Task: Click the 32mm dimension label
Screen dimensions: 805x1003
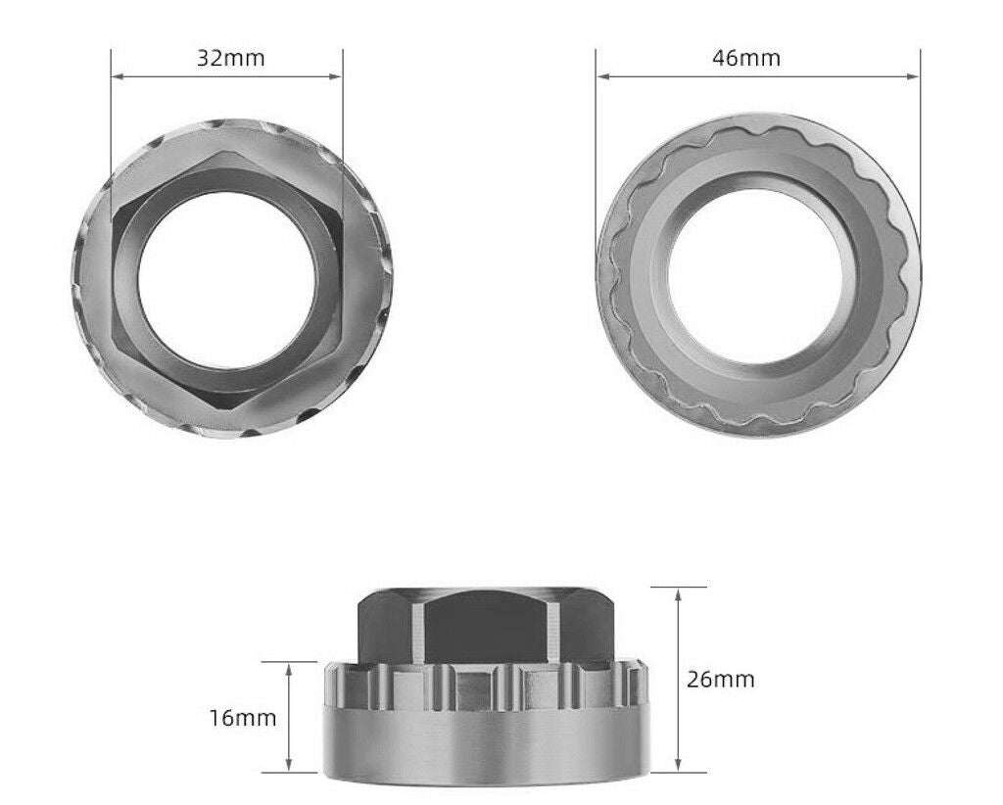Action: [230, 58]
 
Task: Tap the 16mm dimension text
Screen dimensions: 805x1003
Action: [243, 718]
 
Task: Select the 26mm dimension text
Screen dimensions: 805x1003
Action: [720, 679]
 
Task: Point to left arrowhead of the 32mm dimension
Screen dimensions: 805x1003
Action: [116, 75]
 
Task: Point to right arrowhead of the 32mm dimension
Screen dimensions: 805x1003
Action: [340, 75]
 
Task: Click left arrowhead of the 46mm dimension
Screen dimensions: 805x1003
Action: [600, 75]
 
